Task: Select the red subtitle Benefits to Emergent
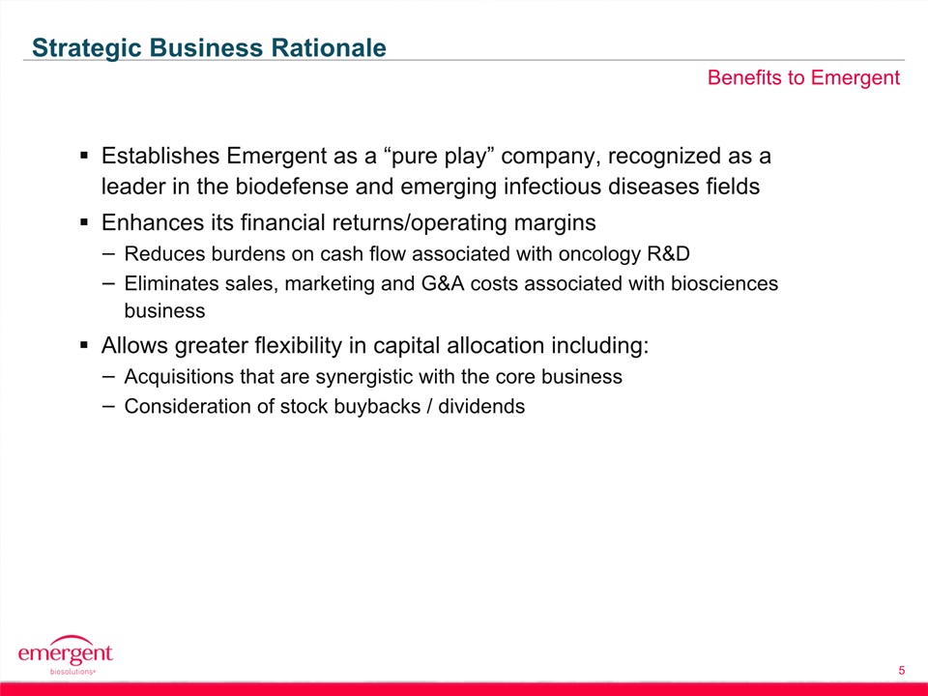(803, 78)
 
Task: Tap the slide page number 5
(901, 670)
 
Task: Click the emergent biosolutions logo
(65, 654)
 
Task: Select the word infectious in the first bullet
(550, 187)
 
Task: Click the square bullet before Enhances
(84, 223)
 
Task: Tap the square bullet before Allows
(84, 345)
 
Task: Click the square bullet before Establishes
(84, 157)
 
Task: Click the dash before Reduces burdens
(109, 254)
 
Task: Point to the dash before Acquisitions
(109, 377)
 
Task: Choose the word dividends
(481, 407)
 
